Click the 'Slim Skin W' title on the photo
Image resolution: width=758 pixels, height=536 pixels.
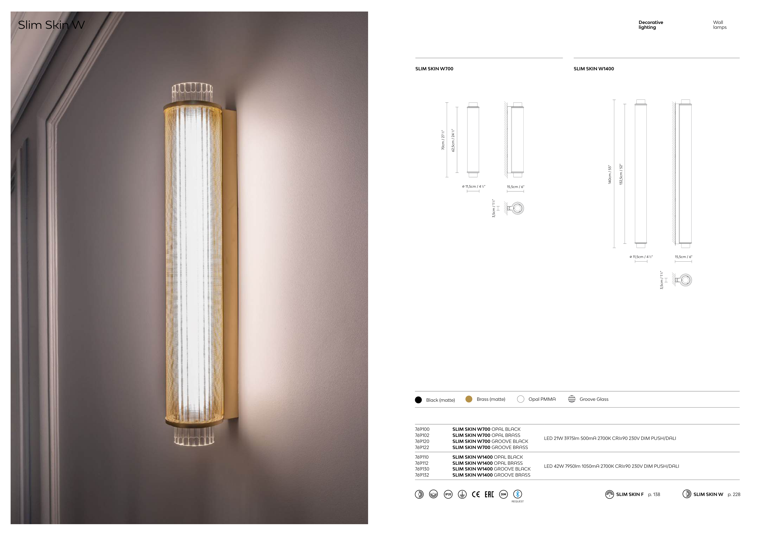point(52,25)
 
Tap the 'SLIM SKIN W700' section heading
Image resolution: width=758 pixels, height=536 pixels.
point(434,69)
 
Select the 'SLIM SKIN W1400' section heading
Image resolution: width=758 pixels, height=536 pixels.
point(594,69)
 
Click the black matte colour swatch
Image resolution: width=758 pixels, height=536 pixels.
point(418,400)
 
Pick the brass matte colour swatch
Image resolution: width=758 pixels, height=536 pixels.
point(469,399)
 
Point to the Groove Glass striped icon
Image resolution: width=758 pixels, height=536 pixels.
point(572,399)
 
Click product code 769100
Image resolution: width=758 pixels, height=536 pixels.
point(422,429)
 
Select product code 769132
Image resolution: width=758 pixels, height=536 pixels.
point(422,475)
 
